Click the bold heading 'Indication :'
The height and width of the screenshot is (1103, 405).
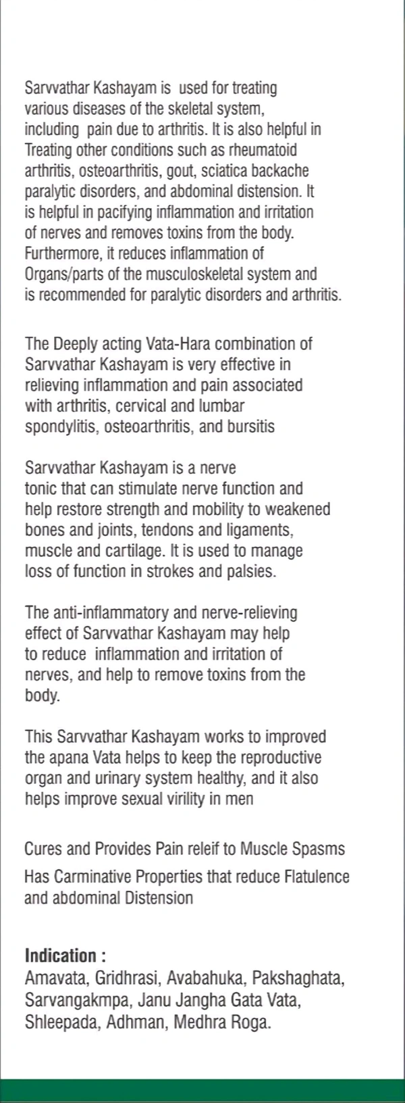(x=65, y=956)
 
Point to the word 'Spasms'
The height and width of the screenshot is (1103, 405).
(x=320, y=849)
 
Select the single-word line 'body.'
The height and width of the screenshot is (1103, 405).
(x=42, y=695)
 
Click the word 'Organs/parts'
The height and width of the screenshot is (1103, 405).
(x=63, y=274)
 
